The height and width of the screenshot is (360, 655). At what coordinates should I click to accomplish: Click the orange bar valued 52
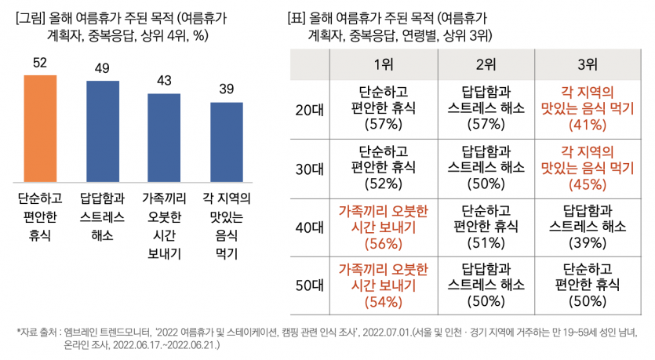(41, 125)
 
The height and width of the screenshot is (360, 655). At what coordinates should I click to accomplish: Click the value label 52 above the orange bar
(41, 63)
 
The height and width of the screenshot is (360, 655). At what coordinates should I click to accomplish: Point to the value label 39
(226, 89)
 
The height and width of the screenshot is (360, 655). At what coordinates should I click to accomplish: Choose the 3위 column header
(585, 64)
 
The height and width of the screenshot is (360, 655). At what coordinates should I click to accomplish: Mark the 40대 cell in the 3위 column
(585, 227)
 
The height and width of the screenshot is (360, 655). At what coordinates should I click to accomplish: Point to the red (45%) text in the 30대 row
(585, 185)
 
